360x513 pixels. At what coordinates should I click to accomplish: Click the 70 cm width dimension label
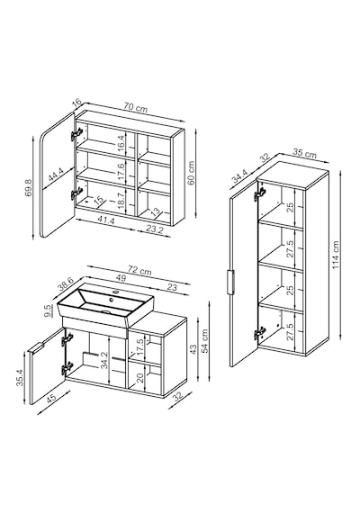click(x=136, y=107)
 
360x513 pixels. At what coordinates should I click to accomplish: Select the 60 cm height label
click(x=192, y=173)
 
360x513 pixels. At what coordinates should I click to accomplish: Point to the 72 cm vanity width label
click(x=139, y=271)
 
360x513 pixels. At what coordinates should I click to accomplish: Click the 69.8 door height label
click(x=29, y=187)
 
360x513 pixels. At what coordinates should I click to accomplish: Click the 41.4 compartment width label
click(x=107, y=220)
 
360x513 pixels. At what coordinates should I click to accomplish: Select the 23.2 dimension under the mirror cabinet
click(x=154, y=229)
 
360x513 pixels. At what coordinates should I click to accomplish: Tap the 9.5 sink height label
click(x=49, y=310)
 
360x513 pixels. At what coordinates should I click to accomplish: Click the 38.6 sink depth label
click(x=67, y=283)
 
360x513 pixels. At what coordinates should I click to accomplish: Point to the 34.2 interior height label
click(x=104, y=360)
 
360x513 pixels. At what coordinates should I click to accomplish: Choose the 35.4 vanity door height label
click(x=20, y=378)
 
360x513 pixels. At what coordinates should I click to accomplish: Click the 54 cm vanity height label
click(x=205, y=341)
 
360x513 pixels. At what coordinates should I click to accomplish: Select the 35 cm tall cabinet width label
click(x=305, y=153)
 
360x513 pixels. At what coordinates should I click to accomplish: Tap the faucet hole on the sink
click(x=112, y=299)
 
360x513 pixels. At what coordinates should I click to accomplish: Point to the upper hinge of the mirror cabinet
click(x=76, y=133)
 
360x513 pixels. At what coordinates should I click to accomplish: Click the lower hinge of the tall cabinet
click(x=259, y=334)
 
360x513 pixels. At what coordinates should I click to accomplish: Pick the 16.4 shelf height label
click(x=121, y=143)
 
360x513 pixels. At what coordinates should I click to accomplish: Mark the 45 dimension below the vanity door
click(x=51, y=398)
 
